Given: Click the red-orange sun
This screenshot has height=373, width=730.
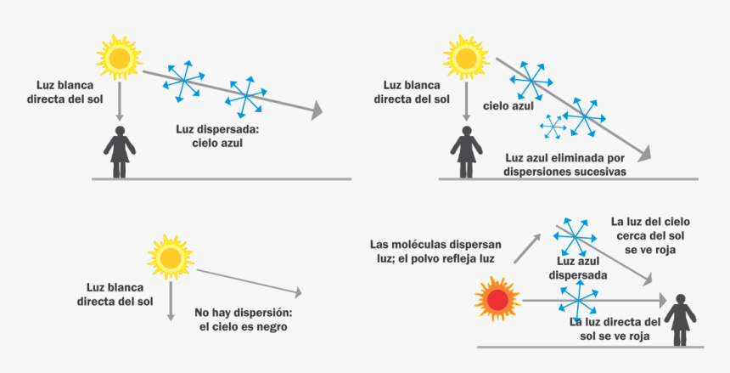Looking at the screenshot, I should pyautogui.click(x=496, y=299).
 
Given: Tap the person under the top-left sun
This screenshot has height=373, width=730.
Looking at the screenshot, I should pyautogui.click(x=120, y=151).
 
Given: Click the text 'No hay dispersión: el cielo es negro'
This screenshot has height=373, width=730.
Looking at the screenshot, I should pyautogui.click(x=243, y=319).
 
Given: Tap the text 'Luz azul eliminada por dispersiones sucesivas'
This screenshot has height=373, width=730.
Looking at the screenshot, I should pyautogui.click(x=564, y=164).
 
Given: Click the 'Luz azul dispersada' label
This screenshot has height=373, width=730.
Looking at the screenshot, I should pyautogui.click(x=577, y=269).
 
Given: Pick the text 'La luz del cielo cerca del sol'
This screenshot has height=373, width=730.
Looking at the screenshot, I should pyautogui.click(x=650, y=229).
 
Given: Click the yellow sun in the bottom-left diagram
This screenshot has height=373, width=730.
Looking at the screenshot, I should pyautogui.click(x=170, y=257).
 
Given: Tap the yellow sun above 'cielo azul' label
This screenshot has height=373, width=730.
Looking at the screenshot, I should pyautogui.click(x=465, y=58).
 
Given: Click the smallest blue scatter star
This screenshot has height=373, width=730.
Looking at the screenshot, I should pyautogui.click(x=553, y=127).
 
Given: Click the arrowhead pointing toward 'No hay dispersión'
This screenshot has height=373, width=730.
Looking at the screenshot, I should pyautogui.click(x=298, y=293).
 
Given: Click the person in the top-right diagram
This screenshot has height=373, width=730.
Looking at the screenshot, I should pyautogui.click(x=466, y=151).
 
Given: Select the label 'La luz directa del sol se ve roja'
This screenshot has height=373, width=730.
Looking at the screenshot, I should pyautogui.click(x=615, y=329).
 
